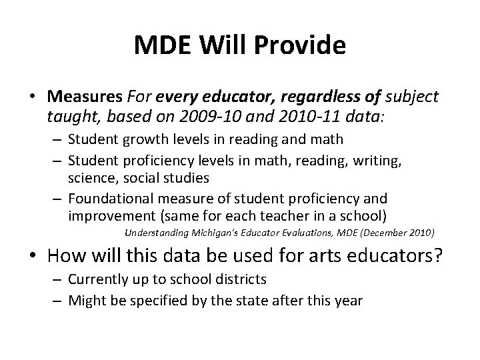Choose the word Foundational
[x=111, y=199]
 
